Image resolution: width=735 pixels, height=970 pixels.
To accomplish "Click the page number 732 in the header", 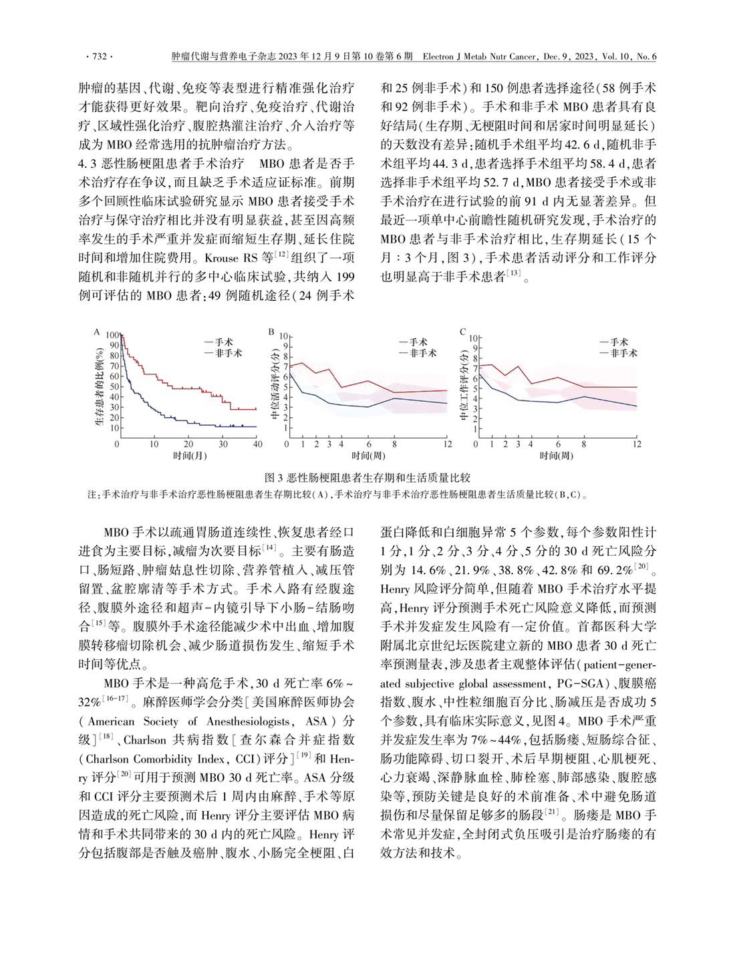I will tap(98, 57).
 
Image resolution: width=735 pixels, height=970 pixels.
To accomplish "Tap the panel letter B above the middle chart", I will tap(271, 332).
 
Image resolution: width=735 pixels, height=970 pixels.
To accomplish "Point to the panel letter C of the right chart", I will tap(462, 332).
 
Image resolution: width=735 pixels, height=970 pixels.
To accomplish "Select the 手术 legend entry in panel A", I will tap(223, 342).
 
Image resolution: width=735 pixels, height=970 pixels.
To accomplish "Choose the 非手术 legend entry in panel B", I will tap(422, 353).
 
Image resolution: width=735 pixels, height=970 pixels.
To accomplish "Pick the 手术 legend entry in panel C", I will tap(618, 342).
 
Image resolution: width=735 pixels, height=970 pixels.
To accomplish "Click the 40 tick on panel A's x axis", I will tap(258, 444).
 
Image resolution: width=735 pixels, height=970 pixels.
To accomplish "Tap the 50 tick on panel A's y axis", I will tap(114, 386).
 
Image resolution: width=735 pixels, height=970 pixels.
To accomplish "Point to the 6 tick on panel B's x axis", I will tap(368, 444).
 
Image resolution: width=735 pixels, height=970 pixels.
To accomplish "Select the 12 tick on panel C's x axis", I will tap(637, 444).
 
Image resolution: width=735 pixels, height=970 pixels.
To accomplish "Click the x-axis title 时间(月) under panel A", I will tap(190, 456).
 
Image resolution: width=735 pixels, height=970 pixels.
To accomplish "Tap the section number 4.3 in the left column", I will tap(90, 163).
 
